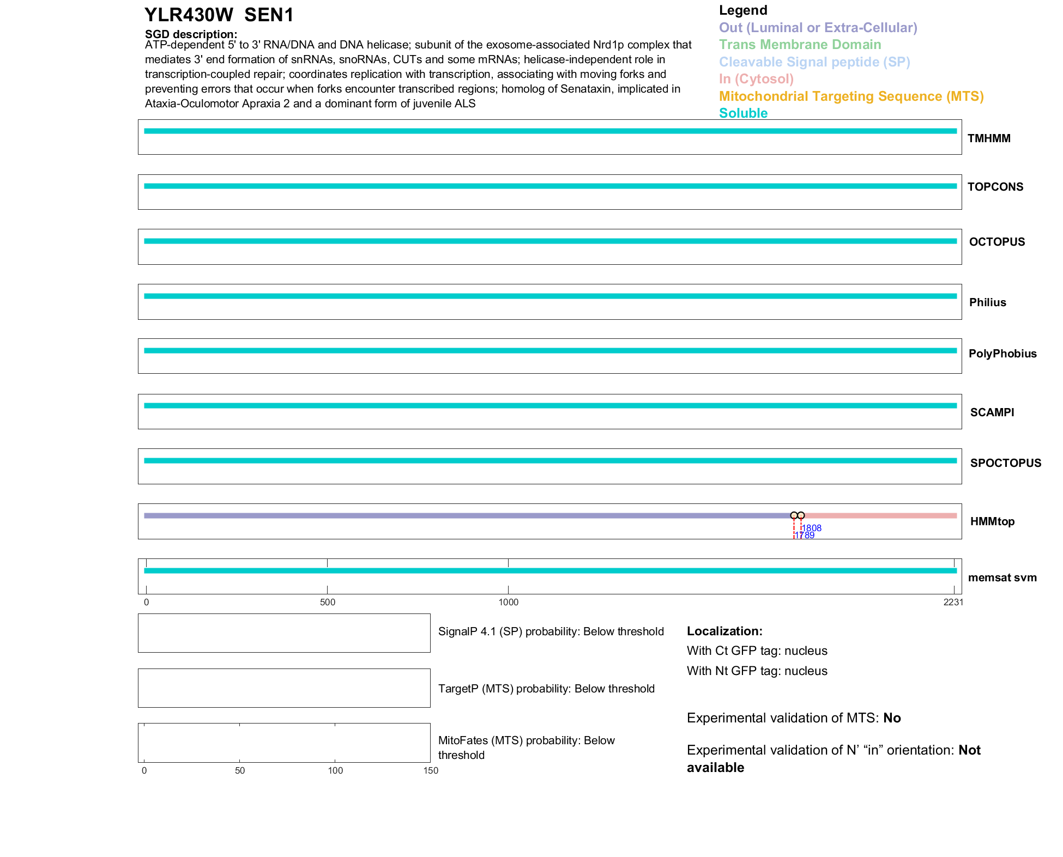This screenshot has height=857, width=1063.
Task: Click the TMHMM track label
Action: (x=988, y=138)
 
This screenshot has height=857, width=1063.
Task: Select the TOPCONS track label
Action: (x=995, y=187)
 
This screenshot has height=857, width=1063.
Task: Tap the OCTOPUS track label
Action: (x=996, y=242)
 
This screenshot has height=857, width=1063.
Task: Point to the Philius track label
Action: (x=987, y=302)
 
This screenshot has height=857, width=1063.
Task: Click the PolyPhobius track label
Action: (x=1002, y=354)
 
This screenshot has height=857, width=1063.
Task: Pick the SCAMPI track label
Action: (x=992, y=412)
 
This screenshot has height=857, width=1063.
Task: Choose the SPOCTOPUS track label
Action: (x=1005, y=463)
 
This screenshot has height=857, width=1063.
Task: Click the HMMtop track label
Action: (x=992, y=521)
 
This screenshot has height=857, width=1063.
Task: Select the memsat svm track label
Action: (x=1002, y=578)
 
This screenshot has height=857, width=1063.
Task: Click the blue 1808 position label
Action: (x=812, y=528)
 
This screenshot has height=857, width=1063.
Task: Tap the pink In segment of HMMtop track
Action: (x=880, y=515)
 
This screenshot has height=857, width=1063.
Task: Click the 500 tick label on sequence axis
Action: (x=328, y=602)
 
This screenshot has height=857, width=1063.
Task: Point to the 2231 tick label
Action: (x=953, y=602)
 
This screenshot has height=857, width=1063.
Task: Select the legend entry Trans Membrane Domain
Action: (x=800, y=45)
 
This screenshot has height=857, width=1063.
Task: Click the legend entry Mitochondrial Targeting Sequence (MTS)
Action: (x=851, y=96)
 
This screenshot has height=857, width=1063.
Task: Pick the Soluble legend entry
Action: (x=743, y=113)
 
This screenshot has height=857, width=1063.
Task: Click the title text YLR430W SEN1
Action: (x=219, y=15)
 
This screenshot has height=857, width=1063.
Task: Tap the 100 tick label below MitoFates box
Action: (x=335, y=770)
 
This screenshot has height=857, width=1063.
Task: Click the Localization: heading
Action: (x=724, y=631)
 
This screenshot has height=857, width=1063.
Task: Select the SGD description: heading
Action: (x=191, y=34)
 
